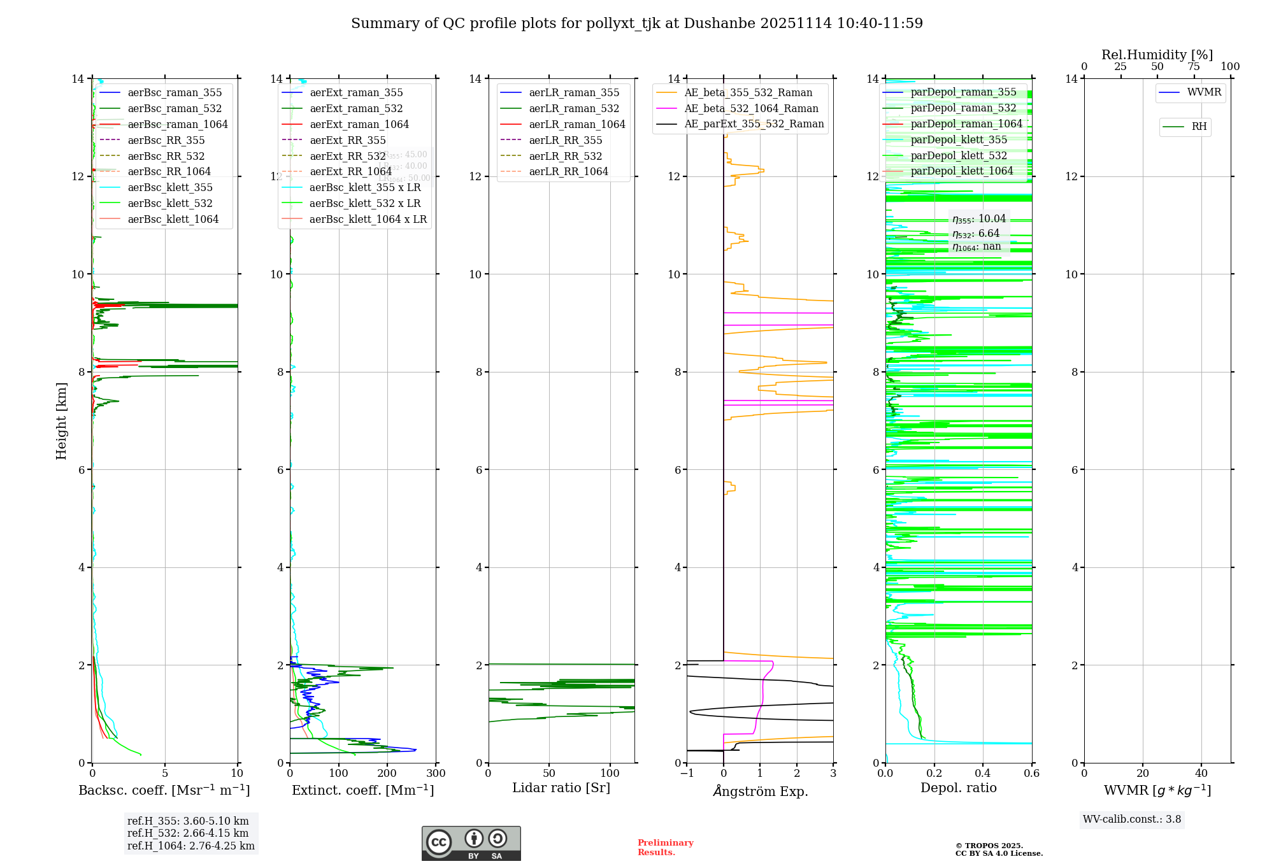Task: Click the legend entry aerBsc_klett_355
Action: pyautogui.click(x=169, y=188)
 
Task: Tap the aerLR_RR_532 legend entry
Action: pyautogui.click(x=565, y=156)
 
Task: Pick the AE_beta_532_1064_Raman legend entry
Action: pyautogui.click(x=751, y=109)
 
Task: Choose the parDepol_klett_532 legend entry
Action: pyautogui.click(x=959, y=155)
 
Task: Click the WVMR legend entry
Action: pyautogui.click(x=1204, y=92)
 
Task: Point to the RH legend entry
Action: pyautogui.click(x=1199, y=127)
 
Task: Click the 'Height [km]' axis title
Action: pyautogui.click(x=61, y=420)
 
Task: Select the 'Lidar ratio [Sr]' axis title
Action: pyautogui.click(x=561, y=788)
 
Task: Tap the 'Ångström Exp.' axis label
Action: pyautogui.click(x=761, y=791)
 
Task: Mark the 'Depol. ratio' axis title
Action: pyautogui.click(x=959, y=788)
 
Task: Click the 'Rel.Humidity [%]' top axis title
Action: pyautogui.click(x=1157, y=55)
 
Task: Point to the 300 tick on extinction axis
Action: pyautogui.click(x=436, y=774)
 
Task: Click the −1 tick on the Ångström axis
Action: pyautogui.click(x=687, y=774)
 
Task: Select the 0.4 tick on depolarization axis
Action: pyautogui.click(x=983, y=774)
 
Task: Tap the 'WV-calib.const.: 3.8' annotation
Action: pyautogui.click(x=1132, y=820)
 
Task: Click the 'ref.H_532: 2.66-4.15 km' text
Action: pyautogui.click(x=188, y=834)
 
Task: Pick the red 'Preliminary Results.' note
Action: pyautogui.click(x=665, y=848)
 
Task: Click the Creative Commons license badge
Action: pyautogui.click(x=471, y=843)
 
